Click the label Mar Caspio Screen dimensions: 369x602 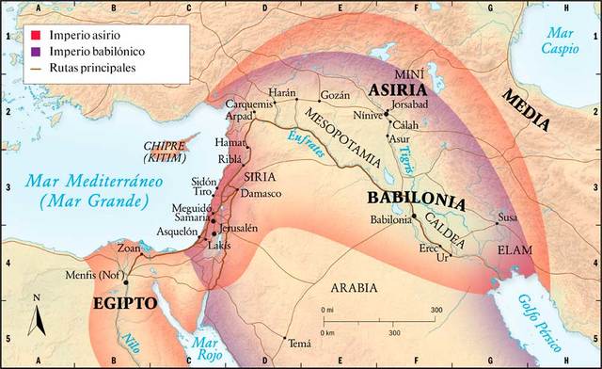564,39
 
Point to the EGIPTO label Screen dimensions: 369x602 126,304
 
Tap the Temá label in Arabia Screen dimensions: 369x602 300,345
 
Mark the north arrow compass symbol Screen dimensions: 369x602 38,321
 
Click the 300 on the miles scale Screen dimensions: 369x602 436,309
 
